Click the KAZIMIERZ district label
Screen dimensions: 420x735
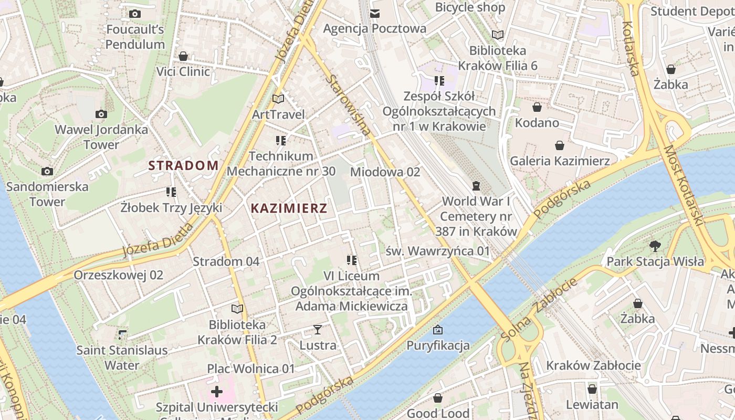[289, 208]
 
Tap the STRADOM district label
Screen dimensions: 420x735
[183, 166]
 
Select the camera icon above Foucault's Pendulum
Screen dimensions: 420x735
[135, 14]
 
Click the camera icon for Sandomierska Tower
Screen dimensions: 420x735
[47, 171]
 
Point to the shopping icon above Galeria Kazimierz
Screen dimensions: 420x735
[560, 145]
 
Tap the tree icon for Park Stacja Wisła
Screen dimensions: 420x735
[655, 246]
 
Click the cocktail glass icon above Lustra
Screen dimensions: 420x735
[318, 330]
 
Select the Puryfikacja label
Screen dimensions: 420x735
[438, 345]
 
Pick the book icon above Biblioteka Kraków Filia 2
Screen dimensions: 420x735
[237, 309]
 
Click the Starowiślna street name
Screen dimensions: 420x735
[348, 105]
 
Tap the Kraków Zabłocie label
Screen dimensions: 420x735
[593, 365]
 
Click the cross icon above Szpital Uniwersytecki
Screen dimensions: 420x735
[217, 392]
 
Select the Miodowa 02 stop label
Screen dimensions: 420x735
[385, 172]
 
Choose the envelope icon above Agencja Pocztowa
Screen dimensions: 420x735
[375, 13]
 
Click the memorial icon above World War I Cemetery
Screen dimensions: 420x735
[476, 185]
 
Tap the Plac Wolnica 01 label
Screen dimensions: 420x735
[251, 369]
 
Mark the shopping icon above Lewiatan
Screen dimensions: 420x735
[592, 389]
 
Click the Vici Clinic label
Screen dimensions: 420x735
[183, 71]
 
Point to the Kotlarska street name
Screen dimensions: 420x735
[631, 48]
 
